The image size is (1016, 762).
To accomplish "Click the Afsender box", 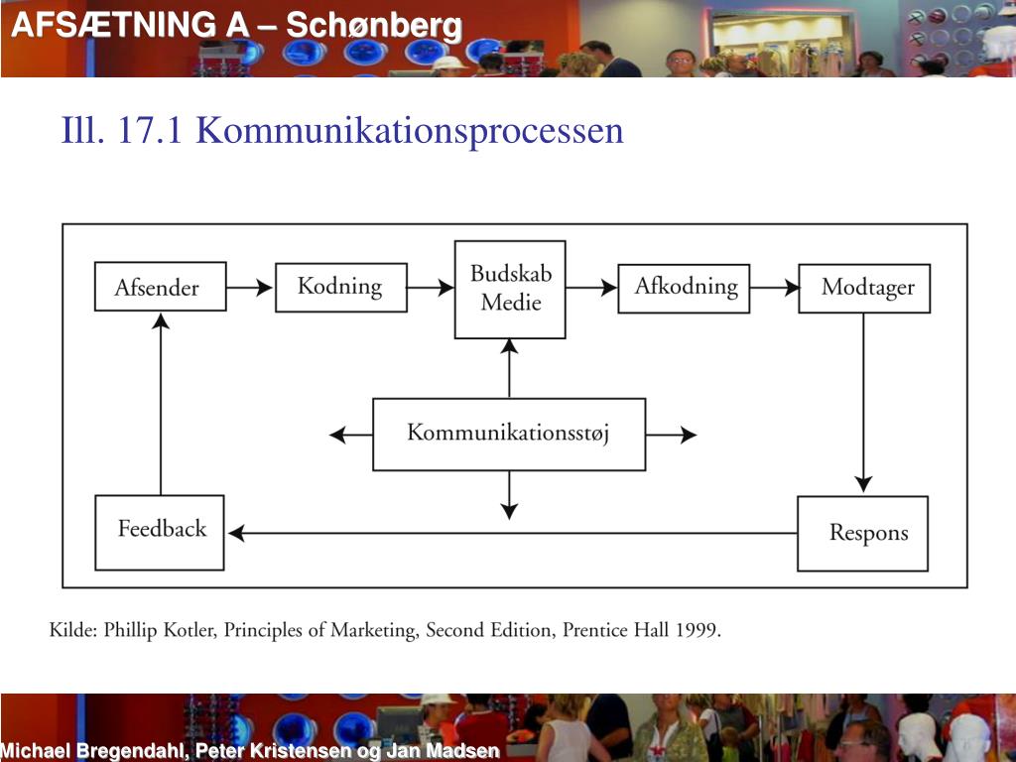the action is pyautogui.click(x=160, y=287).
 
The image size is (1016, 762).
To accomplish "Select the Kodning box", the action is pyautogui.click(x=340, y=287).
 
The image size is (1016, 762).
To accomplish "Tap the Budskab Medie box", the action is pyautogui.click(x=510, y=289).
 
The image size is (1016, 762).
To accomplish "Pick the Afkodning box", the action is pyautogui.click(x=685, y=288).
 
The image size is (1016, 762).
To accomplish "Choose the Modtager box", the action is pyautogui.click(x=864, y=288).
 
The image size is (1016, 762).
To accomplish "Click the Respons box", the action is pyautogui.click(x=863, y=533).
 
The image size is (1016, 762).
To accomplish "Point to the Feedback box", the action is pyautogui.click(x=160, y=532).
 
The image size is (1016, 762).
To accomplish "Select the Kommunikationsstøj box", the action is pyautogui.click(x=508, y=434).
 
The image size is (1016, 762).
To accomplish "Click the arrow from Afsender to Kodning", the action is pyautogui.click(x=250, y=288).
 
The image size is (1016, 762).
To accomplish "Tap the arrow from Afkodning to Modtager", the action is pyautogui.click(x=775, y=288).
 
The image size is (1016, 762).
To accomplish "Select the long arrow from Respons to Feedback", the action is pyautogui.click(x=511, y=534).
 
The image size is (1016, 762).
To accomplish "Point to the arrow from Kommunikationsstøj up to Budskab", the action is pyautogui.click(x=509, y=368).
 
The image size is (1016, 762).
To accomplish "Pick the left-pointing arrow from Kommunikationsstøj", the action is pyautogui.click(x=350, y=435).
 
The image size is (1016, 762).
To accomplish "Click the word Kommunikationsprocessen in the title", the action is pyautogui.click(x=409, y=130).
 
